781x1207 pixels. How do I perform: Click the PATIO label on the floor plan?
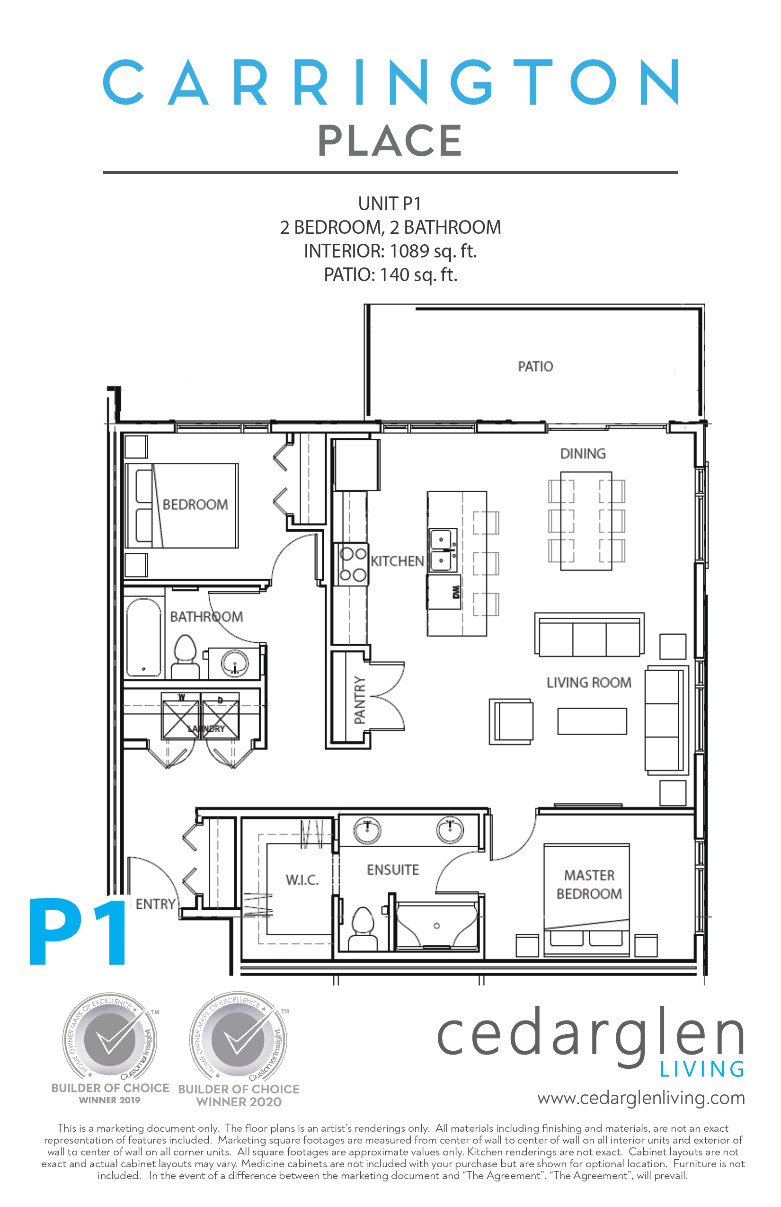click(x=535, y=366)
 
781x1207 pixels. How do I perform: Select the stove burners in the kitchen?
click(x=353, y=564)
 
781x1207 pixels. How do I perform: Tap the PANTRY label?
click(x=360, y=700)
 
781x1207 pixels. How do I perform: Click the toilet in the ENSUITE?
click(x=363, y=928)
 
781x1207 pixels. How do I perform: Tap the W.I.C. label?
click(x=302, y=880)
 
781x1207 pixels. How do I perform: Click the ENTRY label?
click(x=155, y=904)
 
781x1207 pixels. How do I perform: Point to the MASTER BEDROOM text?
click(x=589, y=885)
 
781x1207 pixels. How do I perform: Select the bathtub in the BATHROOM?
click(x=143, y=638)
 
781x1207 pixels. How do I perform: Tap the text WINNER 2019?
click(x=109, y=1100)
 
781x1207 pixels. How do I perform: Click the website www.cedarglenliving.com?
click(x=640, y=1098)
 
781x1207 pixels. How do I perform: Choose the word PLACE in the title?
click(x=390, y=141)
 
